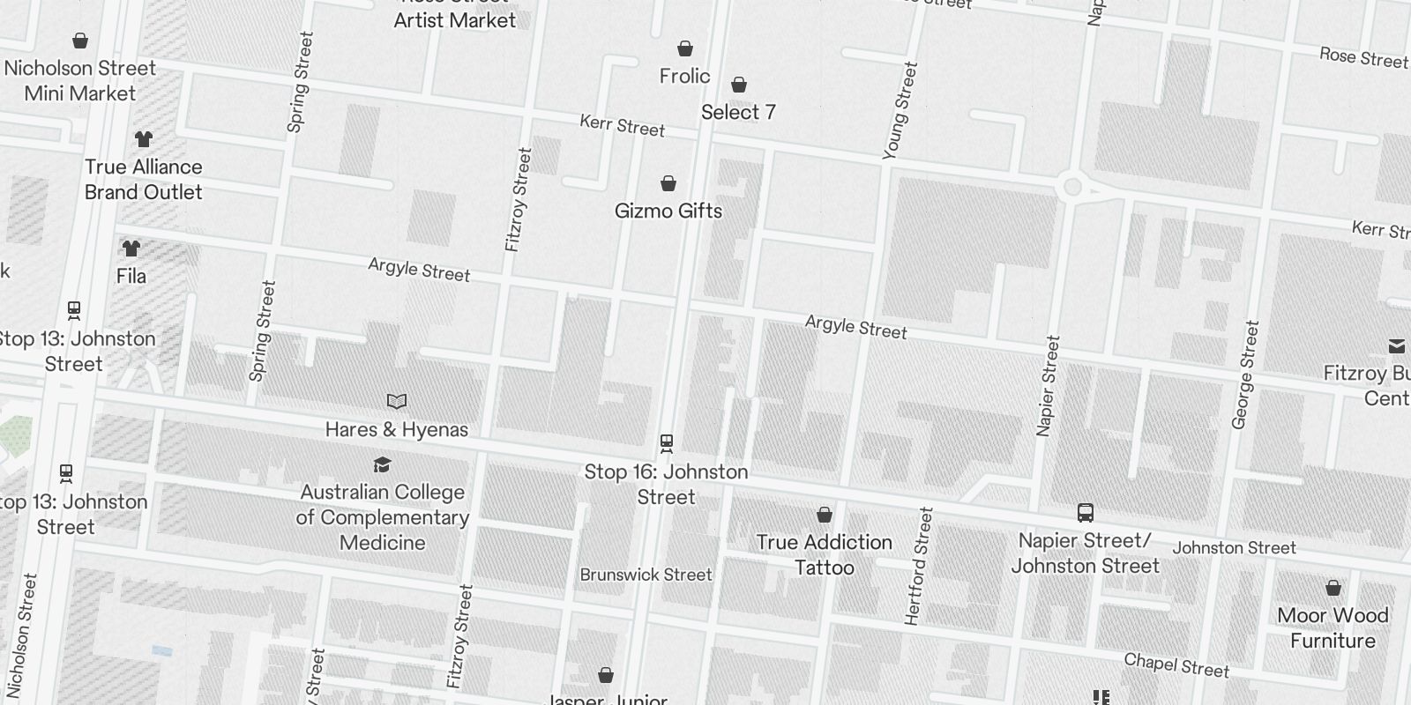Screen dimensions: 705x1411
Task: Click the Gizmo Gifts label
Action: tap(668, 211)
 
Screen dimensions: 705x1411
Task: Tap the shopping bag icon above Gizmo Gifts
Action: tap(668, 183)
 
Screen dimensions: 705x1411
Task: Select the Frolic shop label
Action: tap(684, 76)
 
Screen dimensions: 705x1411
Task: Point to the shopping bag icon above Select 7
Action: tap(739, 85)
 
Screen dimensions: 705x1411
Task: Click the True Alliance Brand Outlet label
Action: tap(143, 179)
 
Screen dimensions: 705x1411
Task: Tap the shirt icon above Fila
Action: tap(131, 249)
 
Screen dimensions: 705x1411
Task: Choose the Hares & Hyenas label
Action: tap(396, 429)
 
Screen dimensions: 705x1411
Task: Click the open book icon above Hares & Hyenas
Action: tap(397, 402)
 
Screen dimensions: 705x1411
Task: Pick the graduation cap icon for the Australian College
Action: tap(382, 464)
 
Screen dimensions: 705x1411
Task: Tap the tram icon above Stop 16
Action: tap(667, 442)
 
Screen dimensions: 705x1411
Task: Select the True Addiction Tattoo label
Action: tap(824, 554)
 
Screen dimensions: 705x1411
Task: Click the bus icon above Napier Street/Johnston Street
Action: tap(1086, 513)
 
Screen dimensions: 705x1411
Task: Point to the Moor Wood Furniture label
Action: tap(1333, 627)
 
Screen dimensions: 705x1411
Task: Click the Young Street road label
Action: tap(900, 110)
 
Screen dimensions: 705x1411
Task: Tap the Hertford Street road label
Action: tap(919, 566)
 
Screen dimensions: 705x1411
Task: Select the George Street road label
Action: tap(1244, 375)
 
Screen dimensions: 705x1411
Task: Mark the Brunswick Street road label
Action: tap(646, 575)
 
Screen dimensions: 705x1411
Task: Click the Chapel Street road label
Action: tap(1176, 665)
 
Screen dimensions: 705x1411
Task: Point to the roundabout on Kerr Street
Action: tap(1072, 187)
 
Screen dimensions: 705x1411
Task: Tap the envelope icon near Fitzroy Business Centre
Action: tap(1397, 345)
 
